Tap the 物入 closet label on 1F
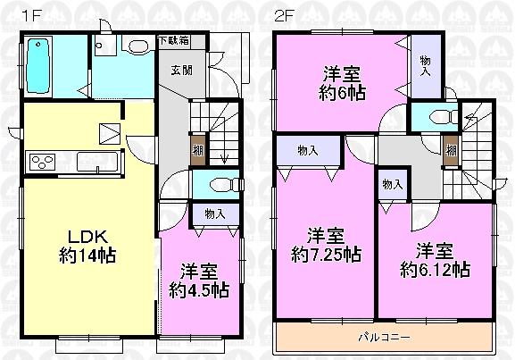point(214,214)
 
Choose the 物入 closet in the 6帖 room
point(424,63)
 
